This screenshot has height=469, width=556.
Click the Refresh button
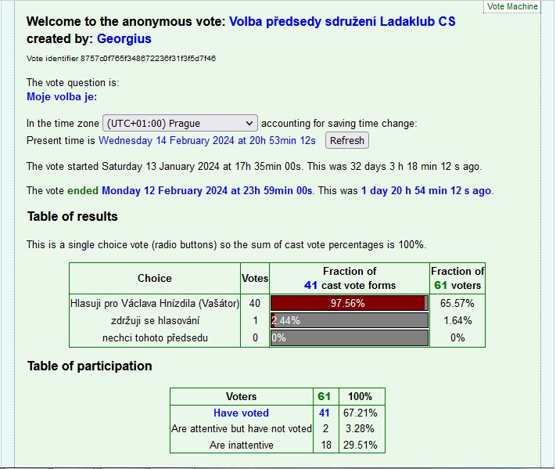pos(347,141)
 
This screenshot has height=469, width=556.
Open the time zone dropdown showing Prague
pos(180,124)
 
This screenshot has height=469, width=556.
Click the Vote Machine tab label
pos(513,6)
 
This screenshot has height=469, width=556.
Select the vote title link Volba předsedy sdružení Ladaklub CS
pos(342,22)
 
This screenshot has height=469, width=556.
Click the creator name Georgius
pos(124,38)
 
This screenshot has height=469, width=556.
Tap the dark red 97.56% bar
pos(347,304)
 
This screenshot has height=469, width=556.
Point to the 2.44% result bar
pos(349,320)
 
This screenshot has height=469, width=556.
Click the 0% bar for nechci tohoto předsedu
pos(349,338)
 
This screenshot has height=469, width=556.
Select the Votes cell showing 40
pos(254,304)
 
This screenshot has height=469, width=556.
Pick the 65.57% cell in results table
pos(457,304)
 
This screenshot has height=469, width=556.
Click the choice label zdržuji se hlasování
pos(155,321)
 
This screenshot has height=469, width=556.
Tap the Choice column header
pos(155,278)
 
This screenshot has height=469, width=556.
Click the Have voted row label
pos(241,413)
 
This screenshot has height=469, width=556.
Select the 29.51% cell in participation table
pos(360,445)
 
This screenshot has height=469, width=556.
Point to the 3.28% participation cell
pos(360,428)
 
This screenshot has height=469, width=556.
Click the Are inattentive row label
pos(241,445)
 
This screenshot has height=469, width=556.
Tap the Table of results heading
pos(73,216)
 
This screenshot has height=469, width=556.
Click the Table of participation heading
pos(90,366)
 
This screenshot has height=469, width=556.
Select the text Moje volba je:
pos(62,97)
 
